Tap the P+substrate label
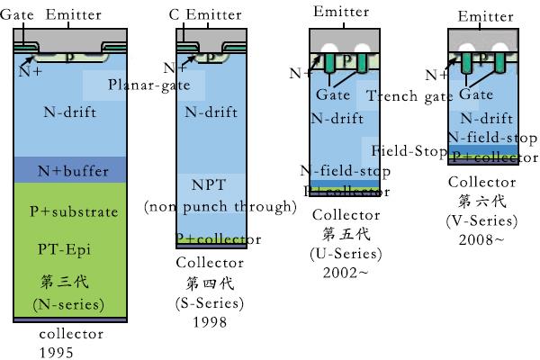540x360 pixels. coord(74,211)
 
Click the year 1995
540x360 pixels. coord(56,351)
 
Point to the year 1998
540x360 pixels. coord(208,322)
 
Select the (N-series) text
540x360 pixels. coord(68,304)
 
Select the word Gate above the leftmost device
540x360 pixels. coord(18,15)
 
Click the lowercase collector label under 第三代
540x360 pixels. coord(71,334)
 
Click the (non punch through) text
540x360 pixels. coord(220,207)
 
